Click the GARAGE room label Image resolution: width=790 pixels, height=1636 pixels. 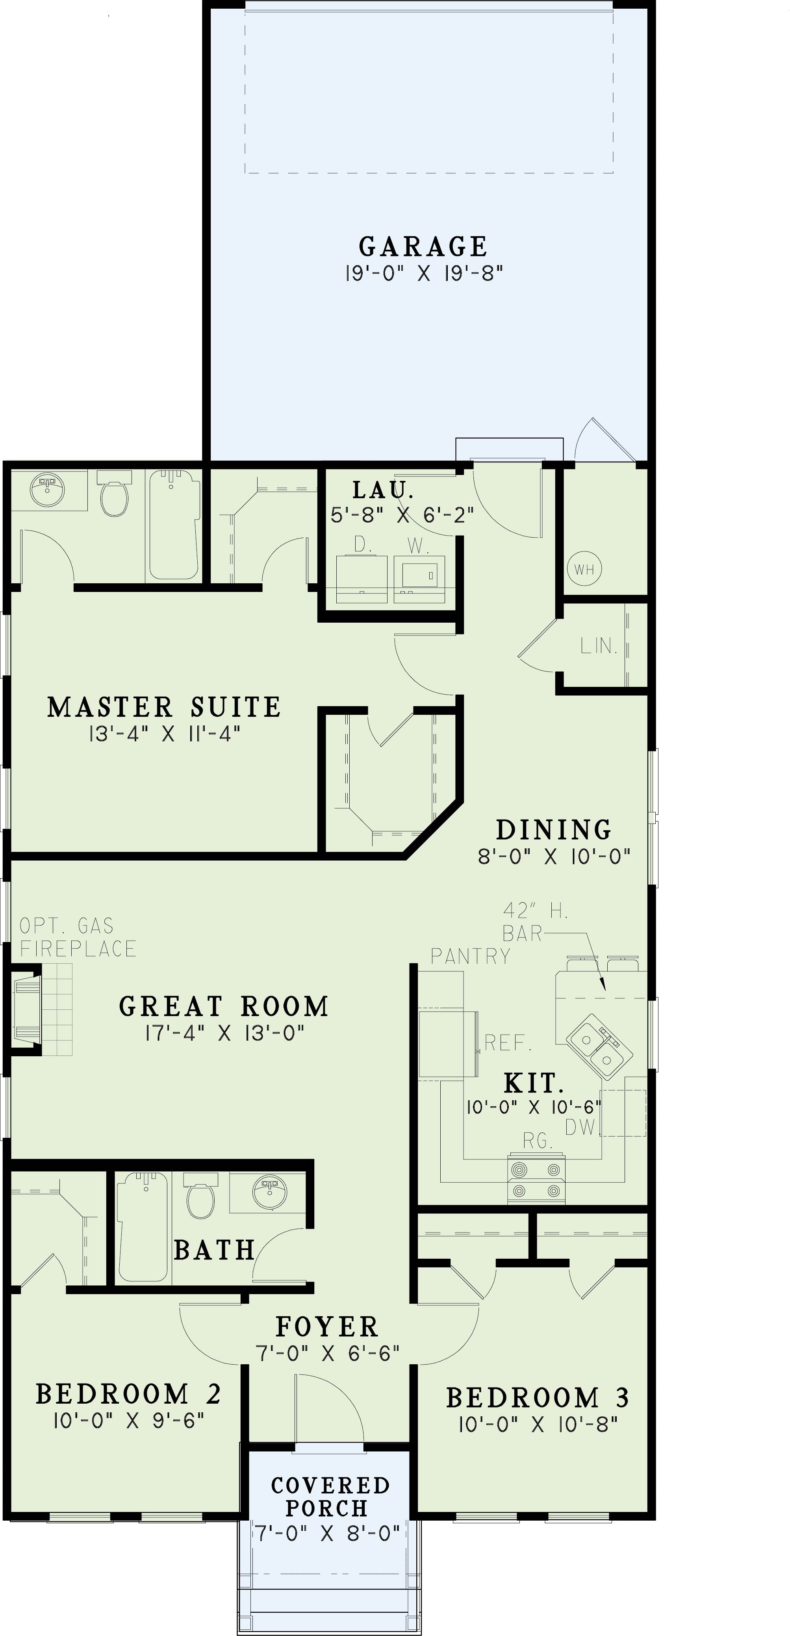pos(423,247)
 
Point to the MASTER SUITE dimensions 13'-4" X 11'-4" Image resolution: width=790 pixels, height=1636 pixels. pos(165,734)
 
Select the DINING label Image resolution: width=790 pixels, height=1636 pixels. pos(554,829)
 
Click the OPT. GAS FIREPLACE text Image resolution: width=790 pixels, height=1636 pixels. pos(78,937)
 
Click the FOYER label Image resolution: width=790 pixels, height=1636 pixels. pos(327,1326)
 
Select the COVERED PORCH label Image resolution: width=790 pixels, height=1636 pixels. pos(330,1496)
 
